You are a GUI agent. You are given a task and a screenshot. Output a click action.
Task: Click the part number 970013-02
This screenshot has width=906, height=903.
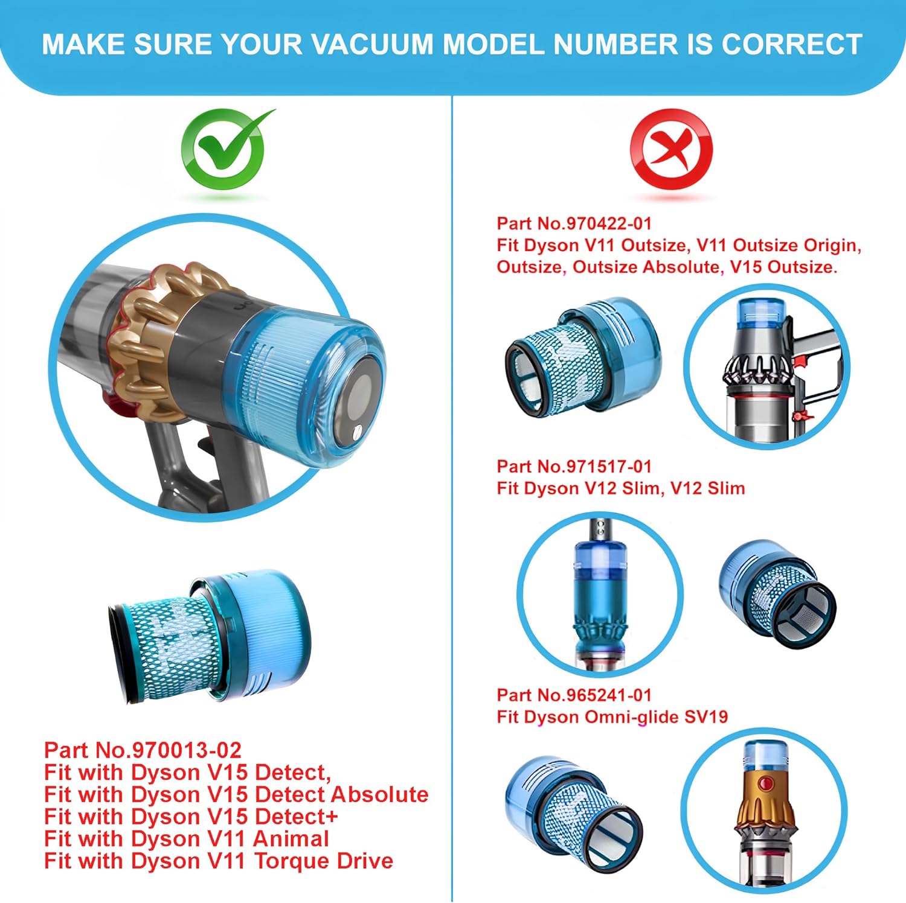tap(187, 750)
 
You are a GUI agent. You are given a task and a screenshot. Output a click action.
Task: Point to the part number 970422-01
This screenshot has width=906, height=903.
tap(609, 224)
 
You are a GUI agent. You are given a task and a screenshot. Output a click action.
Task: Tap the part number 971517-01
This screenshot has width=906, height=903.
tap(609, 467)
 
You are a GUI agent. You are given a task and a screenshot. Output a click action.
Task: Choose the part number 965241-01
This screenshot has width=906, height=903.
tap(609, 695)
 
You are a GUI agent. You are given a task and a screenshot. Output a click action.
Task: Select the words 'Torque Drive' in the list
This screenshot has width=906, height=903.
tap(324, 861)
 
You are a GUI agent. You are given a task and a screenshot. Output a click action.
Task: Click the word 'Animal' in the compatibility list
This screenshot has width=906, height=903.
tap(291, 838)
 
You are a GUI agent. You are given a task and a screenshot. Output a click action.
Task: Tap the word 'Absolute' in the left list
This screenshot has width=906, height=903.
tap(380, 794)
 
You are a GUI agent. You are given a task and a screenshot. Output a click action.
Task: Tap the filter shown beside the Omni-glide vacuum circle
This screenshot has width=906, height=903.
tap(573, 811)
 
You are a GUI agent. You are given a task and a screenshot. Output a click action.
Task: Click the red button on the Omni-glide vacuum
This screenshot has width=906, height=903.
tap(766, 784)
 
